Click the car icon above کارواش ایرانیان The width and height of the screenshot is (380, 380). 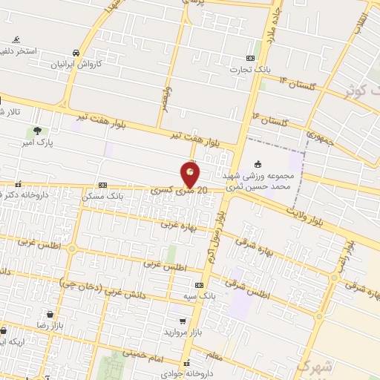[x=76, y=53]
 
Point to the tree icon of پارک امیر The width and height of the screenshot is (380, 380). [x=38, y=131]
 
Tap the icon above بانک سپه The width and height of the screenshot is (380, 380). [x=199, y=285]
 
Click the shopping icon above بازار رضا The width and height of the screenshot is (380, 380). [x=49, y=315]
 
